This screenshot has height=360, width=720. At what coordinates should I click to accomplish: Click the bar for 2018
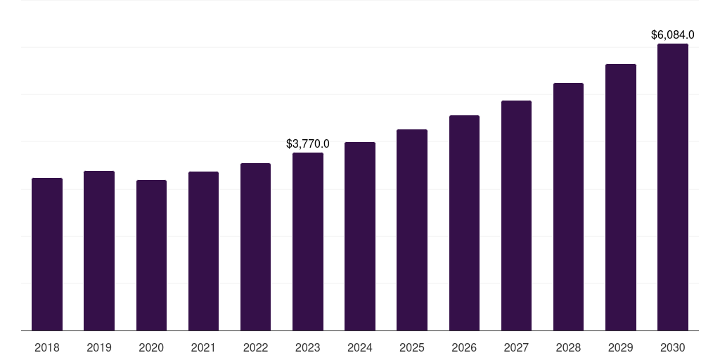pyautogui.click(x=47, y=255)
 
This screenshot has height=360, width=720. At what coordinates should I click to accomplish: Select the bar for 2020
pyautogui.click(x=151, y=255)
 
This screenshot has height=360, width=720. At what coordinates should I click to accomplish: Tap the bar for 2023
pyautogui.click(x=308, y=242)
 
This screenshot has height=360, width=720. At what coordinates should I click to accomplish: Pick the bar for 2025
pyautogui.click(x=412, y=230)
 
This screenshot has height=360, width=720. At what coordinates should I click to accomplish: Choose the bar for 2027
pyautogui.click(x=516, y=216)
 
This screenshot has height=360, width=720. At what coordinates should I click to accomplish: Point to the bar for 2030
pyautogui.click(x=673, y=187)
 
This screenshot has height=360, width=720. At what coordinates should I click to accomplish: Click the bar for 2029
pyautogui.click(x=621, y=198)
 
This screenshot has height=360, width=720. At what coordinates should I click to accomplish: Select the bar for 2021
pyautogui.click(x=203, y=251)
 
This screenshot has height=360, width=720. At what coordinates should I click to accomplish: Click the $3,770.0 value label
pyautogui.click(x=308, y=143)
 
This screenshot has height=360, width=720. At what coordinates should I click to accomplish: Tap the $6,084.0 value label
pyautogui.click(x=673, y=34)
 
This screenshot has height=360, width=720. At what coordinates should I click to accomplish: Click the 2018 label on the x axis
pyautogui.click(x=47, y=347)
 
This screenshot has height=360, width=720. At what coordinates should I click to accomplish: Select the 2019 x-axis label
pyautogui.click(x=99, y=347)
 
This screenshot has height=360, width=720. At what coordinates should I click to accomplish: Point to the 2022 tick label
pyautogui.click(x=255, y=347)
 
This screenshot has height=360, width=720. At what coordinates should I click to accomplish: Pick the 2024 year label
pyautogui.click(x=360, y=347)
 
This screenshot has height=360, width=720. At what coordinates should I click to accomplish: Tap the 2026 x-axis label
pyautogui.click(x=464, y=347)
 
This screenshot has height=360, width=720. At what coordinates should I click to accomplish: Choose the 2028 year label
pyautogui.click(x=568, y=347)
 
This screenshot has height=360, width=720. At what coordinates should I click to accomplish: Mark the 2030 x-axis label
pyautogui.click(x=673, y=347)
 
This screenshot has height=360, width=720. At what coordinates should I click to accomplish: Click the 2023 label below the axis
pyautogui.click(x=308, y=347)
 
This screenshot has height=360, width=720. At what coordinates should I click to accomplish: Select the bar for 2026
pyautogui.click(x=464, y=223)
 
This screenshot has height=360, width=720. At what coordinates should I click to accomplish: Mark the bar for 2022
pyautogui.click(x=255, y=247)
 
